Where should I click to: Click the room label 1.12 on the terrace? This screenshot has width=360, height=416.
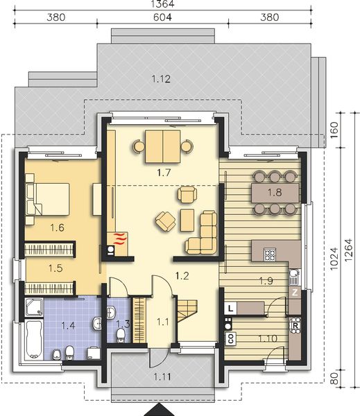(x=161, y=79)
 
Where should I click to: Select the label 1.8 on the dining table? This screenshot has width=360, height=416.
(x=274, y=191)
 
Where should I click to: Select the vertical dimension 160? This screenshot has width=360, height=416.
(x=336, y=130)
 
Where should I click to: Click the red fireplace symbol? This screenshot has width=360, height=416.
(x=119, y=240)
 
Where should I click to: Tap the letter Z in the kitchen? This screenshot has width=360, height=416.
(x=295, y=293)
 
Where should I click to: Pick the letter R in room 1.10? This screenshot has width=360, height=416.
(x=295, y=324)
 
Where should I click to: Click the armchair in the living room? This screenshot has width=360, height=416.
(x=165, y=222)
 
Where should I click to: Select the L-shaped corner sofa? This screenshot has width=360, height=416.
(x=206, y=233)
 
